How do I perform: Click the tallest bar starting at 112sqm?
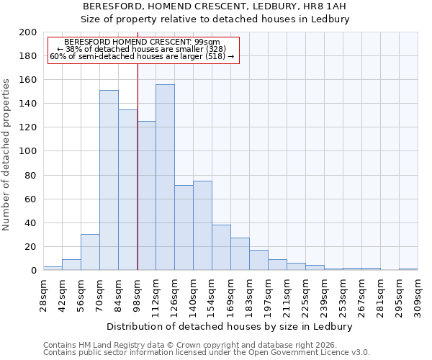(165, 177)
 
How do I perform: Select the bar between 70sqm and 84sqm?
(109, 180)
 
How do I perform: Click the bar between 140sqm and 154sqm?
(202, 225)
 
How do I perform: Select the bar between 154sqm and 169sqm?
(221, 247)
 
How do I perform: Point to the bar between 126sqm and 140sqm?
(184, 228)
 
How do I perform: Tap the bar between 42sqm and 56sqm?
(71, 264)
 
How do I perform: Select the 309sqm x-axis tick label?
(418, 294)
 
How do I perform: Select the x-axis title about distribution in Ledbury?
(234, 326)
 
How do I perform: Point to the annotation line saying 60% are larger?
(141, 56)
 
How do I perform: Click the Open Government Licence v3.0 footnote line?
(207, 353)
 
